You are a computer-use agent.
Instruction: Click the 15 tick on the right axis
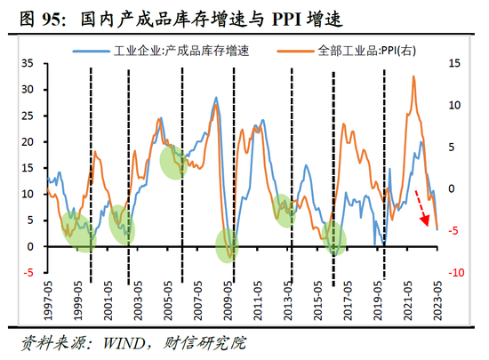455,64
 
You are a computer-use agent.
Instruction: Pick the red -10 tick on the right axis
455,272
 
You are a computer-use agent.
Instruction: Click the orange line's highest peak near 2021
413,77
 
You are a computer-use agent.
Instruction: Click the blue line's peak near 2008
216,99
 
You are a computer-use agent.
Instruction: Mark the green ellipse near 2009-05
228,245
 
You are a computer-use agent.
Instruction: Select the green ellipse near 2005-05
172,161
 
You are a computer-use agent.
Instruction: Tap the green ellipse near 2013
285,210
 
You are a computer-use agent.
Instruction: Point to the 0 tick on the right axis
453,188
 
